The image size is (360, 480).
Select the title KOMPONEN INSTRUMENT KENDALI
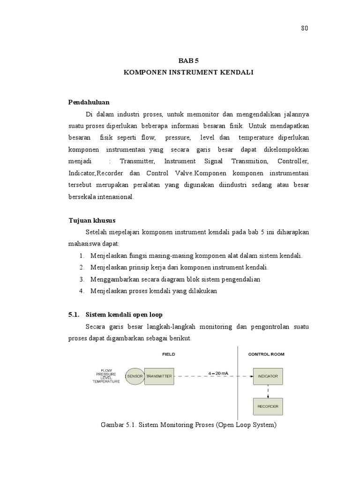point(188,73)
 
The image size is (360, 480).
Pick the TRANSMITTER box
point(159,375)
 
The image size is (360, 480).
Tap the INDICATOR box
point(268,375)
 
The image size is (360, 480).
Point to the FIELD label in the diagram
point(168,354)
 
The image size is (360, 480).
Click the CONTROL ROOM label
point(266,354)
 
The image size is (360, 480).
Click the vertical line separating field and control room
point(238,384)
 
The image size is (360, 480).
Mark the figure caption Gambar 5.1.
point(189,426)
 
